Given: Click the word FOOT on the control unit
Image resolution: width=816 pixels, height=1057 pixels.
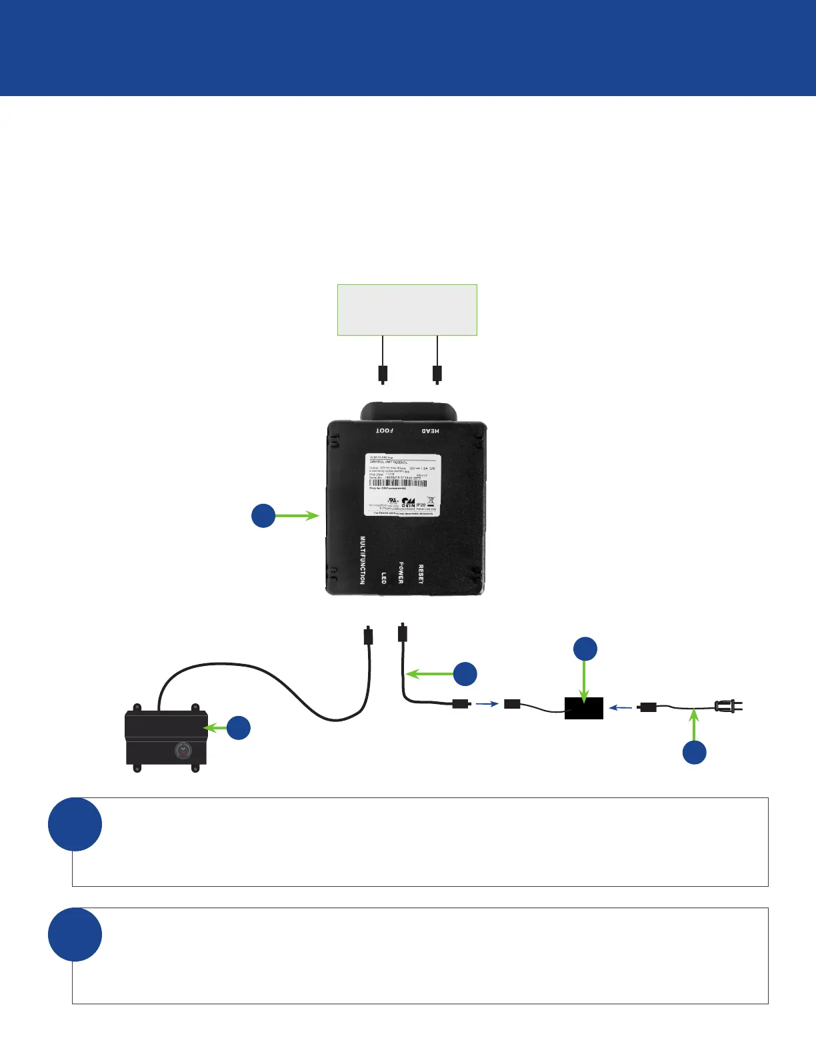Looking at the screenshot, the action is coord(385,430).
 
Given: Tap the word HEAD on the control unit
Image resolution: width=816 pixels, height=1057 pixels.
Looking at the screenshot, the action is coord(429,431).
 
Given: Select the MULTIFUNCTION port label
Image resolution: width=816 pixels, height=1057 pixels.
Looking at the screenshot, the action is coord(363,560).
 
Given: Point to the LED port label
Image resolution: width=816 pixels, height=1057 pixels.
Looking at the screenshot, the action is coord(383,577).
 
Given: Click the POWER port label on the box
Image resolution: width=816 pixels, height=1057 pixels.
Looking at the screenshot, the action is coord(401,573).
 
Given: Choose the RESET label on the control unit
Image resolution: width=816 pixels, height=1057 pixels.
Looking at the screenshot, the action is coord(421,574).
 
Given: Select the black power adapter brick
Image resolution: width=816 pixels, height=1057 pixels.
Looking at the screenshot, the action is coord(584,708).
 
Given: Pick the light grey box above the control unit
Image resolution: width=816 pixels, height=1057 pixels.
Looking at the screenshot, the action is coord(407,310).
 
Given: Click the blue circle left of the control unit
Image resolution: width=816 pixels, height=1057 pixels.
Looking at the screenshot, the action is coord(263,516).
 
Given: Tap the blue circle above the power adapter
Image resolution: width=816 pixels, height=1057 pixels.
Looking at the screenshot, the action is coord(585,649).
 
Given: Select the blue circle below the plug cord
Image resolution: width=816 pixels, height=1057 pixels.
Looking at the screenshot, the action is coord(695,752).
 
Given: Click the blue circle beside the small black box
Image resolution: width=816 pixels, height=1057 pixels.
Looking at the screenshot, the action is coord(239,727).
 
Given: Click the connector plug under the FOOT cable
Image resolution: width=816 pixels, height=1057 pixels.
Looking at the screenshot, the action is coord(383,374).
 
